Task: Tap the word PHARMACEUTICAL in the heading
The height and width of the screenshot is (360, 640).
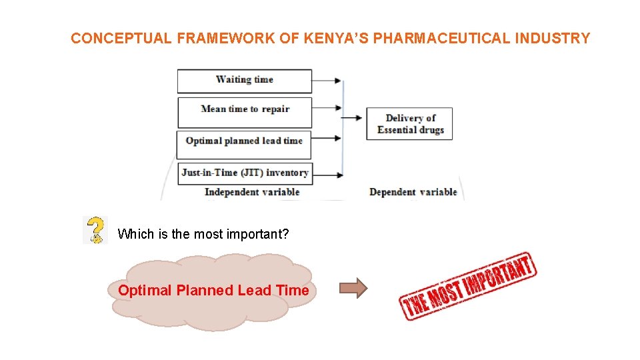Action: pyautogui.click(x=441, y=38)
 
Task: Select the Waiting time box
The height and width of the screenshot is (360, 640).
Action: pyautogui.click(x=244, y=80)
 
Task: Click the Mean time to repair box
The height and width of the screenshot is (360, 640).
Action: pyautogui.click(x=244, y=110)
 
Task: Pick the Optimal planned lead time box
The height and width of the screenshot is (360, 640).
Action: pyautogui.click(x=244, y=141)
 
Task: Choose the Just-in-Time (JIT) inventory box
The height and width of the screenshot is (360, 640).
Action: pyautogui.click(x=244, y=173)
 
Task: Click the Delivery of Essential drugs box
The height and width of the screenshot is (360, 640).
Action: pyautogui.click(x=409, y=124)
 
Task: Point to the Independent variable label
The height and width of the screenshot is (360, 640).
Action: pyautogui.click(x=252, y=192)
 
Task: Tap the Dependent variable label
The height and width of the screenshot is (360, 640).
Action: pyautogui.click(x=413, y=192)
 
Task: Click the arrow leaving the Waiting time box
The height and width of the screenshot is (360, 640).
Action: pyautogui.click(x=327, y=81)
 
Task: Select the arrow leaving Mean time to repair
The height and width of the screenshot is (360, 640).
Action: pyautogui.click(x=327, y=108)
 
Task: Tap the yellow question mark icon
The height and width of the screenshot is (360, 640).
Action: pyautogui.click(x=96, y=229)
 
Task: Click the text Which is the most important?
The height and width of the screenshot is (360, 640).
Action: pyautogui.click(x=203, y=234)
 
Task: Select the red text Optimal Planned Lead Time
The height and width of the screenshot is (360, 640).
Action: pyautogui.click(x=213, y=291)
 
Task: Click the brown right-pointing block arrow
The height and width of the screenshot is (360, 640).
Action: pyautogui.click(x=353, y=289)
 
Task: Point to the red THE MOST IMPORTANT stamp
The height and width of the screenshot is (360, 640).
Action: pyautogui.click(x=467, y=286)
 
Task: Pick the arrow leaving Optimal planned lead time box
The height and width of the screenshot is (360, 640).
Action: pyautogui.click(x=327, y=139)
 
